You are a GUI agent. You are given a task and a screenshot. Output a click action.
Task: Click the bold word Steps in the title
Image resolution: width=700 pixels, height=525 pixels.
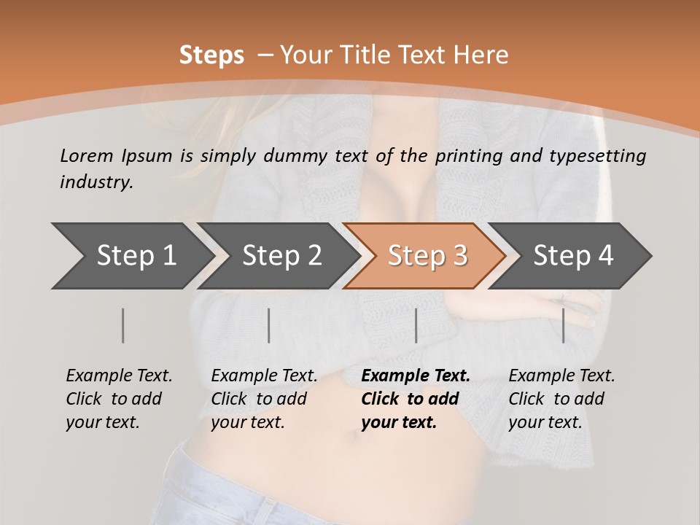tap(211, 55)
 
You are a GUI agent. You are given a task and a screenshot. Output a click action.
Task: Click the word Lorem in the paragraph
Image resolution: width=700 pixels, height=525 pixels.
tap(86, 155)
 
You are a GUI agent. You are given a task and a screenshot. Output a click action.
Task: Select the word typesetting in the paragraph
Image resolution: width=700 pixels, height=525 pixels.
tap(603, 155)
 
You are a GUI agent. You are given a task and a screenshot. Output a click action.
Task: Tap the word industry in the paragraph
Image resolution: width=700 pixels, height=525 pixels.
tap(96, 182)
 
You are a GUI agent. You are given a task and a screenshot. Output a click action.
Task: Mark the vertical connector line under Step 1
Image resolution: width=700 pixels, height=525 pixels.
tap(123, 325)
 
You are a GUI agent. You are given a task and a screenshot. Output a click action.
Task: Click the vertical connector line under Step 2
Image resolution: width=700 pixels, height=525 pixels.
tap(269, 325)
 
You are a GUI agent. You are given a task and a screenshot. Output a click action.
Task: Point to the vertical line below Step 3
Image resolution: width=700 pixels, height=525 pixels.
tap(416, 325)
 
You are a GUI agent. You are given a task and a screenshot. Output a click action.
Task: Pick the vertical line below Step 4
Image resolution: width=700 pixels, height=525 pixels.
tap(563, 325)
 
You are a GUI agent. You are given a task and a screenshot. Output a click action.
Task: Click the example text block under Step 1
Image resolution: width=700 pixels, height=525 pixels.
tap(119, 399)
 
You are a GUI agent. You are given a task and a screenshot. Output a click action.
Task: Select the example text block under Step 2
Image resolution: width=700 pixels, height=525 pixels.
tap(264, 399)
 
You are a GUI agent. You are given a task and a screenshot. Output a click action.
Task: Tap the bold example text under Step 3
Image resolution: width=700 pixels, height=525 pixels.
tap(416, 399)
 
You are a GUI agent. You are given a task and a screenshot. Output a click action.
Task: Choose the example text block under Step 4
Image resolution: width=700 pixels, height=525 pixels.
tap(561, 399)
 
